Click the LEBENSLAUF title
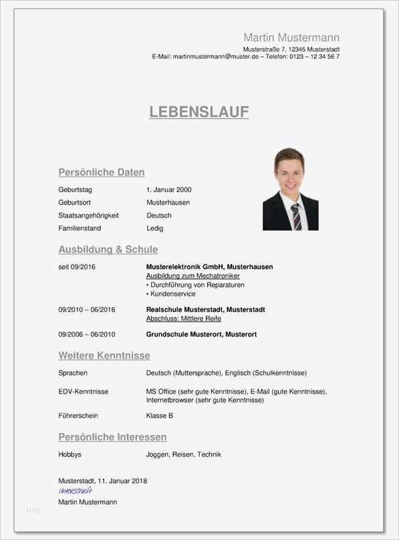tap(199, 112)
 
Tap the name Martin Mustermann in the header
tap(291, 37)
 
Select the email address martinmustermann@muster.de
tap(215, 57)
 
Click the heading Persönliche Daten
tap(102, 172)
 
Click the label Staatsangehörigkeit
tap(88, 215)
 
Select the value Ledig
tap(155, 228)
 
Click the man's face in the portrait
tap(289, 171)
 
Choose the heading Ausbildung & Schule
tap(108, 250)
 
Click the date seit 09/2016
tap(77, 267)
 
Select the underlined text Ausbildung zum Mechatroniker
tap(192, 276)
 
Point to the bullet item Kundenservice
tap(172, 294)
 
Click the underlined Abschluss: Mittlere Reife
tap(183, 319)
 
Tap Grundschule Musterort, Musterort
tap(201, 334)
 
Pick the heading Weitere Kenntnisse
tap(104, 355)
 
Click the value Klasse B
tap(160, 416)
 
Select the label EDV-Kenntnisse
tap(84, 391)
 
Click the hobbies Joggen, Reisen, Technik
tap(183, 454)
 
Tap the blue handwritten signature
tap(76, 490)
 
